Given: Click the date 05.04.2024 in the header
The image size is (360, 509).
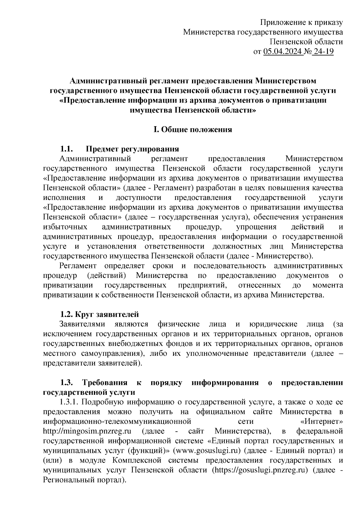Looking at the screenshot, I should click(x=283, y=52).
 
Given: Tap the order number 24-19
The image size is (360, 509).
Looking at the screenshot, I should click(x=323, y=52).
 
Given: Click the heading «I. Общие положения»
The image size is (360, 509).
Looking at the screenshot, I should click(x=193, y=129).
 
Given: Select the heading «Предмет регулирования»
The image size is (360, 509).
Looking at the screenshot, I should click(x=132, y=149).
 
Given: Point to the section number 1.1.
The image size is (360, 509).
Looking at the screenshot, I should click(x=65, y=149).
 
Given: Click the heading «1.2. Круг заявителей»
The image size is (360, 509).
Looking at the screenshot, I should click(x=99, y=314).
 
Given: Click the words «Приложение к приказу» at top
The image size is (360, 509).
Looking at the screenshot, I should click(x=301, y=22).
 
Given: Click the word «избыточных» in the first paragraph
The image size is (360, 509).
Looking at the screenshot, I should click(x=65, y=227).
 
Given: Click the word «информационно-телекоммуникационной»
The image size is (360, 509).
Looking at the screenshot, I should click(x=117, y=421).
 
